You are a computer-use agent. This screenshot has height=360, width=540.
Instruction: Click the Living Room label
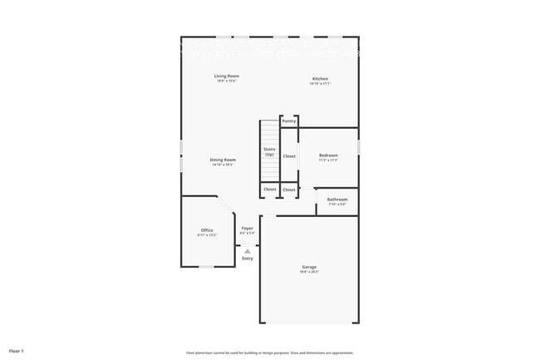coord(227,76)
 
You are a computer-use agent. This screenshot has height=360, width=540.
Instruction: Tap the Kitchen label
coord(320,79)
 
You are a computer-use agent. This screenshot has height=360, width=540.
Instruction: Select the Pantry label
coord(289,121)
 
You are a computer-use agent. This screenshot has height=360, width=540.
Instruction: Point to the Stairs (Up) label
coord(270,151)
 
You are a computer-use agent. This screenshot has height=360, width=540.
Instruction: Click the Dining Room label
coord(223,160)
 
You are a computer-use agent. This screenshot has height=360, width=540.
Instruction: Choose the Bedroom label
coord(328,155)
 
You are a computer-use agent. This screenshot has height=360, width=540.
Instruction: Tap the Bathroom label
coord(337,200)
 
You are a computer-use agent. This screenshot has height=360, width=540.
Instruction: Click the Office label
coord(207,230)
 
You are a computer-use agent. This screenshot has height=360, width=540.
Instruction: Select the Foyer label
coord(248,228)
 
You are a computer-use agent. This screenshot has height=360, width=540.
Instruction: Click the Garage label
coord(309,267)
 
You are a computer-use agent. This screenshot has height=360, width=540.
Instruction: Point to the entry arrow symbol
coord(248,250)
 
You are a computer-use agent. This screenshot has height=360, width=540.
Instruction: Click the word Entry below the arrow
coord(248,259)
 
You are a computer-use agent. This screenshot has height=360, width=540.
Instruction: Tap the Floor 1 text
coord(17,351)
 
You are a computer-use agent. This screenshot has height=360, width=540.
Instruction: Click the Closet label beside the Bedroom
coord(289,155)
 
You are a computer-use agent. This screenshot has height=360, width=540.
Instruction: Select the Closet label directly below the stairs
coord(270,190)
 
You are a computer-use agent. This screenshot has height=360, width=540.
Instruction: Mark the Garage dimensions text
coord(309,272)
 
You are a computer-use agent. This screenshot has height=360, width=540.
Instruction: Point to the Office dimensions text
coord(207,235)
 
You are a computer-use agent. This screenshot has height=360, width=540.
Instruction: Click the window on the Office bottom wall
coord(207,266)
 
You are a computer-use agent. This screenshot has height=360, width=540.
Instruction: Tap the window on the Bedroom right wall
coord(359,146)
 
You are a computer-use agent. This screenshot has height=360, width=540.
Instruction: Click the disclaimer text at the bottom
coord(270,352)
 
